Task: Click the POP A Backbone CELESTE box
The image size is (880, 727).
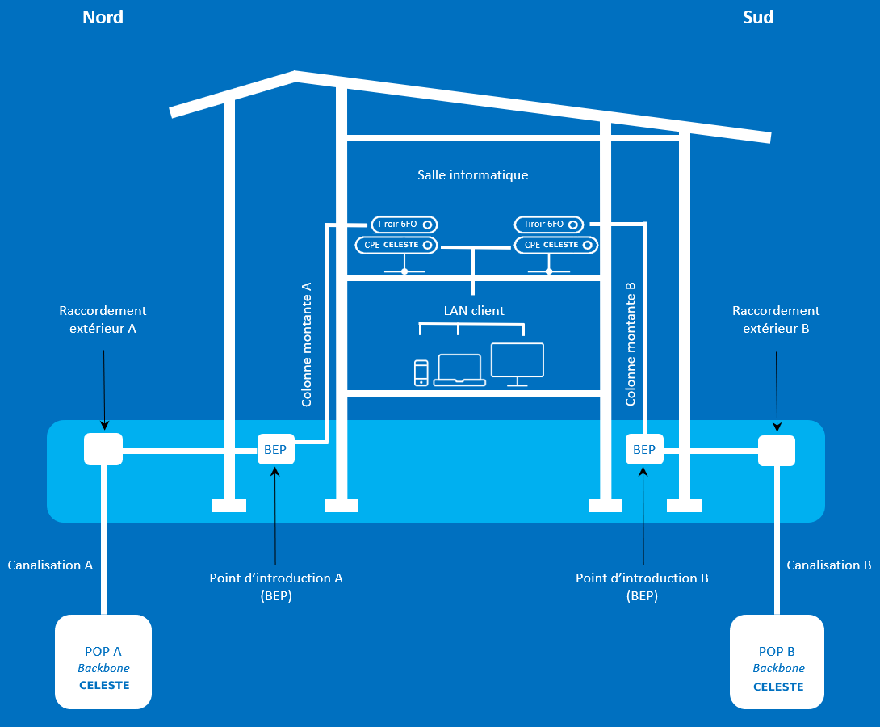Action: [103, 662]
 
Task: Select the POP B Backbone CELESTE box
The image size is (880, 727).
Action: [777, 662]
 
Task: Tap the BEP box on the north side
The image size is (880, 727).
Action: [276, 449]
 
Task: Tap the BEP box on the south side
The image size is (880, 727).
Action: [644, 449]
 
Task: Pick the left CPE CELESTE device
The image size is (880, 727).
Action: [396, 244]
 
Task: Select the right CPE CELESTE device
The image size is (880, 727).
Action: [556, 244]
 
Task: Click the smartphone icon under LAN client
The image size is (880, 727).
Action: [421, 372]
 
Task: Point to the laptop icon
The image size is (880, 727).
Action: [459, 370]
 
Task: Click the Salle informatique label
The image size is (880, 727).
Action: [473, 174]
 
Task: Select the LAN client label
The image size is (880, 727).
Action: [474, 310]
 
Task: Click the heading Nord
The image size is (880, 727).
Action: [103, 17]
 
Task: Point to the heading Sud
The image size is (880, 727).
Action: [758, 17]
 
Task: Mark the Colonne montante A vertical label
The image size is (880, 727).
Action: [307, 344]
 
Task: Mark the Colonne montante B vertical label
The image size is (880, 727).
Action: [631, 344]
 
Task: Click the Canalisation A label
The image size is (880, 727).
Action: [50, 565]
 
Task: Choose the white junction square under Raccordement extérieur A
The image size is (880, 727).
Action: [103, 449]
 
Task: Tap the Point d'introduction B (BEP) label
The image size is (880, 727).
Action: [642, 587]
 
